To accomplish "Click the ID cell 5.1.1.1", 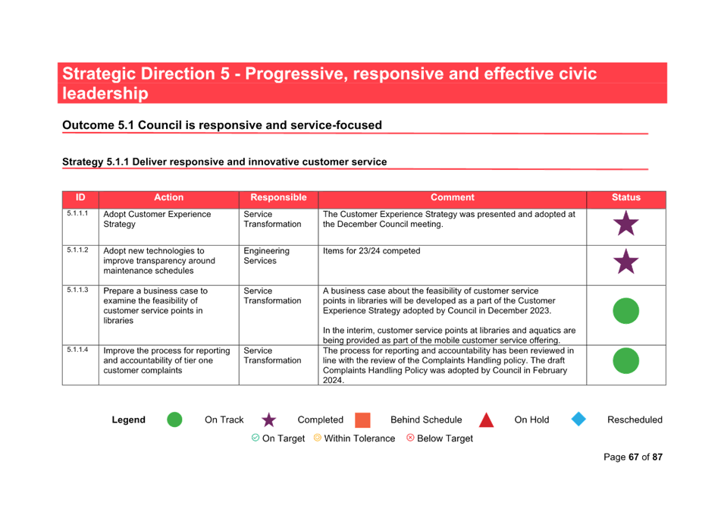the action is (x=77, y=213).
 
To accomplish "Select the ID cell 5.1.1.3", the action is (x=77, y=290).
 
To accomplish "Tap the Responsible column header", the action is (x=278, y=197).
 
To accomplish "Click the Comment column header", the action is (x=453, y=197).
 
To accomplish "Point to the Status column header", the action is (x=626, y=197).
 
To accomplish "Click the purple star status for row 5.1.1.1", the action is (x=626, y=224).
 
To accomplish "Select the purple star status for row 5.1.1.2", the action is (x=626, y=262).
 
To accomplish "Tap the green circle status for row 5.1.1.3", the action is (x=626, y=311).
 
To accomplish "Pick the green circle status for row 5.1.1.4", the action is (x=626, y=360).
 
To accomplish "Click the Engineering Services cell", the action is (x=266, y=256).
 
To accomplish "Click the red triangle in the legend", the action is (x=486, y=419).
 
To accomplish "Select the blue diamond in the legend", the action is (x=578, y=419).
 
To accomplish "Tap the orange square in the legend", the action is (x=362, y=420).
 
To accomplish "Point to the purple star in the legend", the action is (x=268, y=420).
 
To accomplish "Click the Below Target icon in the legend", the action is (x=410, y=438).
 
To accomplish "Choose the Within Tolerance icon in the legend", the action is (x=317, y=438).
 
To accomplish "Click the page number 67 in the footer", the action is (x=634, y=457).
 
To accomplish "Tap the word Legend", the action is (x=128, y=419).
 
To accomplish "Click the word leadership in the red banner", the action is (x=105, y=93).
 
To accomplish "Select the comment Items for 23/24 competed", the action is (x=371, y=251).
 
